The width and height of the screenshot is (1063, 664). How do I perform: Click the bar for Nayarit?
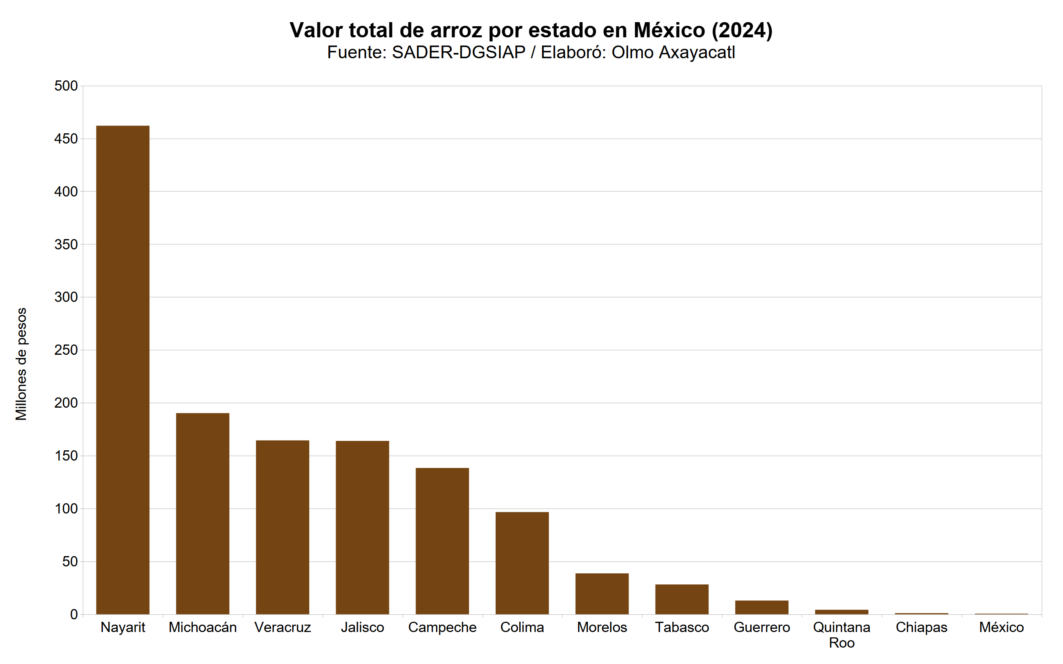point(123,370)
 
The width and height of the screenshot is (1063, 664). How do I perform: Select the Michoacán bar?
point(203,513)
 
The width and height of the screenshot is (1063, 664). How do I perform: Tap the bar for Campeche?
point(442,541)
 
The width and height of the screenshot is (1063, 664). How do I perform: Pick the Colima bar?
point(522,563)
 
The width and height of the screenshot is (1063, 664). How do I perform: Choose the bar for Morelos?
point(602,594)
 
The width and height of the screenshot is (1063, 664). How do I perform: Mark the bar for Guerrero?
point(762,607)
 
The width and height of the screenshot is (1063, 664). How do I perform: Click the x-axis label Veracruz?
point(282,627)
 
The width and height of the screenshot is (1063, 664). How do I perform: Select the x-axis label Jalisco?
point(362,627)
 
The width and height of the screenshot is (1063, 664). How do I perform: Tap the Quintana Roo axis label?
point(841,635)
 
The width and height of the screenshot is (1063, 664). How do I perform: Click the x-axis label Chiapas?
point(921,627)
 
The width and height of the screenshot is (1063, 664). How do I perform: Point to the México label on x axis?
point(1001,627)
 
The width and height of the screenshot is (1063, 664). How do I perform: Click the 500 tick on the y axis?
point(66,86)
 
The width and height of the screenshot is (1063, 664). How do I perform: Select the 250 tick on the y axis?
point(66,350)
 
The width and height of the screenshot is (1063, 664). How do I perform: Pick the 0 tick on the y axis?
point(73,615)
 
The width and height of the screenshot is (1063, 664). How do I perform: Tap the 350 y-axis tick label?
point(66,244)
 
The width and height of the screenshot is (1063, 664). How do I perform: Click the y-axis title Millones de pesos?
point(21,364)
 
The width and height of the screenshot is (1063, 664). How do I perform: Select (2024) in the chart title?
point(742,30)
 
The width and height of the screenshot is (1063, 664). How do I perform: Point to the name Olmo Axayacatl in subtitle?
point(673,52)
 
